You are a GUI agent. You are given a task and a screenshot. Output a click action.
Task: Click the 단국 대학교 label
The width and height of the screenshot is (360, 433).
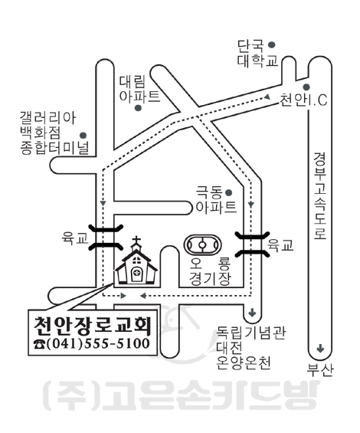[x=257, y=54]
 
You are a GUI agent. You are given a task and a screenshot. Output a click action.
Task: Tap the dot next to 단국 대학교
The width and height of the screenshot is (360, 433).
[x=272, y=44]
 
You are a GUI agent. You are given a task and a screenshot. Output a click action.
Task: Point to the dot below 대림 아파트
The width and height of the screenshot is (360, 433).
[x=139, y=108]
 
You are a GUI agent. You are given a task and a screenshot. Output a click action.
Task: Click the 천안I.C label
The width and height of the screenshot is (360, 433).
[x=303, y=100]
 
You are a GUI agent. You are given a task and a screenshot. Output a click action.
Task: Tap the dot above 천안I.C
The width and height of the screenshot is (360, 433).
[x=306, y=87]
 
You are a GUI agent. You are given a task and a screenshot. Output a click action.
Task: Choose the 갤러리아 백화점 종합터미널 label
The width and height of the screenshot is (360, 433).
[x=54, y=133]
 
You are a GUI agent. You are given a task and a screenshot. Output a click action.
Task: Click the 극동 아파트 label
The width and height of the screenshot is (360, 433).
[x=216, y=199]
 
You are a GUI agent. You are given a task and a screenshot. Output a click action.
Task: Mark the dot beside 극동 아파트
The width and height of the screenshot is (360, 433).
[x=229, y=192]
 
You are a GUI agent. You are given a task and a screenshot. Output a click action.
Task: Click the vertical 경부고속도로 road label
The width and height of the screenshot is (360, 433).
[x=320, y=195]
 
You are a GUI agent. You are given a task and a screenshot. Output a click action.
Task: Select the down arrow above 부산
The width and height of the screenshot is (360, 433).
[x=320, y=348]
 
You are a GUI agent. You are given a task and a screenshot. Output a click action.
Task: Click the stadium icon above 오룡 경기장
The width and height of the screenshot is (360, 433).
[x=203, y=244]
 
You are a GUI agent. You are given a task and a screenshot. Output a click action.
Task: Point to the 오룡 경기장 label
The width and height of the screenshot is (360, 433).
[x=210, y=271]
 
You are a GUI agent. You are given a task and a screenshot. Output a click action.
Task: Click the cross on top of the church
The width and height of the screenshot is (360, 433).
[x=136, y=241]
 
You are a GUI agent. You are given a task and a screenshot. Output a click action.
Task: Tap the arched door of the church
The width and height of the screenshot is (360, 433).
[x=136, y=274]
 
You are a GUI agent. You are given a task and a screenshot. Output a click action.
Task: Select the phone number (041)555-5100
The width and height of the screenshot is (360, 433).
[x=98, y=343]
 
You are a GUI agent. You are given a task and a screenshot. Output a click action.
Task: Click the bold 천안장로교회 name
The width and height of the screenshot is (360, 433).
[x=93, y=325]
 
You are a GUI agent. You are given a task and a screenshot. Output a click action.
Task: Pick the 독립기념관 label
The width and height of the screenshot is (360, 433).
[x=250, y=333]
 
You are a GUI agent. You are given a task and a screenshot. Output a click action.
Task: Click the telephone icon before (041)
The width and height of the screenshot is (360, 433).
[x=40, y=344]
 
